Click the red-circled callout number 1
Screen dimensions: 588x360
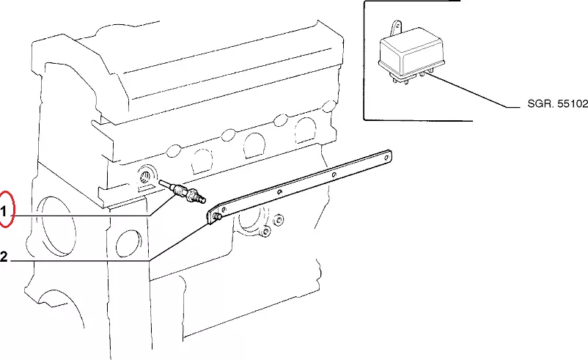[x=4, y=212]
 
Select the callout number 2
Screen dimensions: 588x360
[x=4, y=257]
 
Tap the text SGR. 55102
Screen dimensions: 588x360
[x=557, y=103]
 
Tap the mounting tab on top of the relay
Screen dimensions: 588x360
[x=396, y=28]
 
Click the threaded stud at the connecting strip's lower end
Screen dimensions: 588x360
[x=216, y=216]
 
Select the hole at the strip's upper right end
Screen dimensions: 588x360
[x=386, y=158]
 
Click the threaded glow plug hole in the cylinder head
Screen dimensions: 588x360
[x=145, y=176]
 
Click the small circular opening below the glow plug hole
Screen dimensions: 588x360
[x=128, y=243]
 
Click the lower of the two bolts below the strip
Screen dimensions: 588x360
[x=265, y=232]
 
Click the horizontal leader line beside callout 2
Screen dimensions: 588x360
[x=81, y=260]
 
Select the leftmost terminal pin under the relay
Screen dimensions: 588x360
[x=394, y=79]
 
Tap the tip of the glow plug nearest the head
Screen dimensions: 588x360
[x=161, y=182]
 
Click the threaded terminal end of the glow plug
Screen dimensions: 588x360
[x=202, y=200]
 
